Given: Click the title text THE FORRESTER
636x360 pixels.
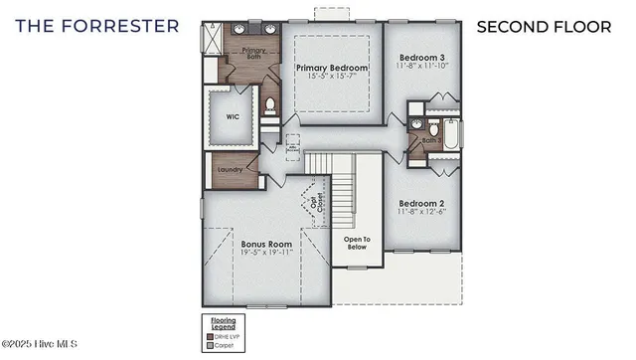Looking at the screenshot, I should coord(97,25).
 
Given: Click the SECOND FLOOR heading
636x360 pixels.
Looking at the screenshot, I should coord(544,26).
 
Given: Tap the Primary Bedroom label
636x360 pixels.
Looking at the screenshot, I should coord(332,69).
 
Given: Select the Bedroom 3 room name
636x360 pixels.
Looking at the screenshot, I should coord(420,58).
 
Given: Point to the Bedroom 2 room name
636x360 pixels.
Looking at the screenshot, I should coord(420,204).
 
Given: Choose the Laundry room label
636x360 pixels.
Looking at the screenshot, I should coord(230,170).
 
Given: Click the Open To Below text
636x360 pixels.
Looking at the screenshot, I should coord(356,243).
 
